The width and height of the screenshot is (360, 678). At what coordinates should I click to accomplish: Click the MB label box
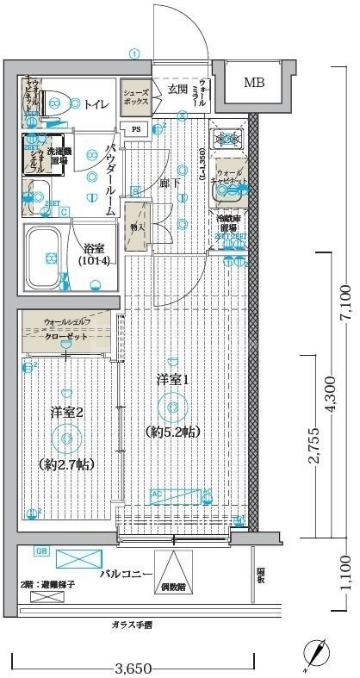point(254,84)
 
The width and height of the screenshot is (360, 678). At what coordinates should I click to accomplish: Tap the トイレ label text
point(96,104)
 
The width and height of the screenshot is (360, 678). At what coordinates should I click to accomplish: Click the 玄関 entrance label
point(178,89)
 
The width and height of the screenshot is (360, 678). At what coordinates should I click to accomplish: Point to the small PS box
point(137,129)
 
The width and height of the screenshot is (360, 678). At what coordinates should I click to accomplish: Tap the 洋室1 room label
point(172,379)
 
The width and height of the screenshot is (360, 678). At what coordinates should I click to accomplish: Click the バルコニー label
point(126,574)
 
